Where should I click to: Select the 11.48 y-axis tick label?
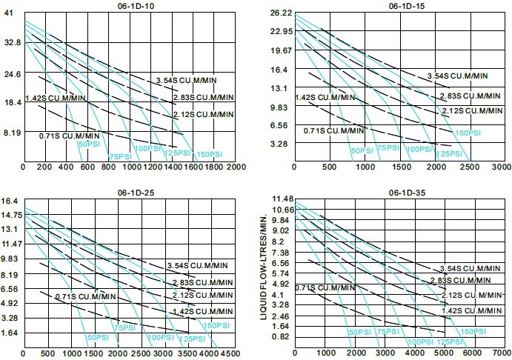[x=284, y=199]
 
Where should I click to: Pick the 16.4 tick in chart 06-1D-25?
[x=10, y=201]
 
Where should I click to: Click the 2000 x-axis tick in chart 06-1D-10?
[x=236, y=167]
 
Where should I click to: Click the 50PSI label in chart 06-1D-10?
[x=88, y=144]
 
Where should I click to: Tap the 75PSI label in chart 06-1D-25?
[x=125, y=327]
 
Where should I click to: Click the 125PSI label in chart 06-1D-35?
[x=446, y=341]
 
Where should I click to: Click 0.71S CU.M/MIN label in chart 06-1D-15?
[x=333, y=130]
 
